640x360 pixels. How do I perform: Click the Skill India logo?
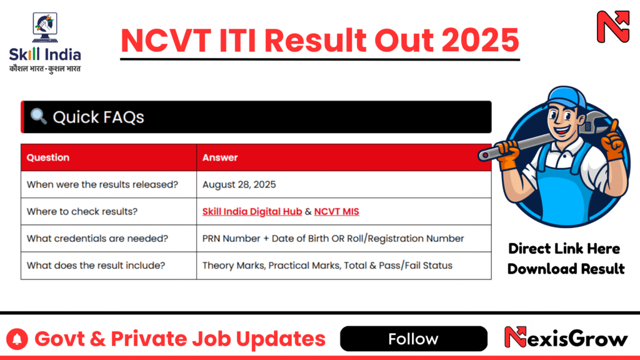[x=45, y=43]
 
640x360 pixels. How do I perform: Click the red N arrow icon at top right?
[x=612, y=26]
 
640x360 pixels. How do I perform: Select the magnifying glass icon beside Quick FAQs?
[x=38, y=116]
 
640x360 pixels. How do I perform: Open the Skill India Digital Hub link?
[x=252, y=211]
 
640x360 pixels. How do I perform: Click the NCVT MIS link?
[x=336, y=211]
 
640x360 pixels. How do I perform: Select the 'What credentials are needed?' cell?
[x=109, y=238]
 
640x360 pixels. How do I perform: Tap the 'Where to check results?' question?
[x=82, y=211]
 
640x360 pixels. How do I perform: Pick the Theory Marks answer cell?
[x=344, y=266]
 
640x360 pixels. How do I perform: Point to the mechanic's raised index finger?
[x=614, y=127]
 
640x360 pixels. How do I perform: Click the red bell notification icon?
[x=17, y=339]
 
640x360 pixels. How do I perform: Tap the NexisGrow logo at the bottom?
[x=566, y=337]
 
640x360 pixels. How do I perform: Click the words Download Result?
[x=566, y=269]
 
